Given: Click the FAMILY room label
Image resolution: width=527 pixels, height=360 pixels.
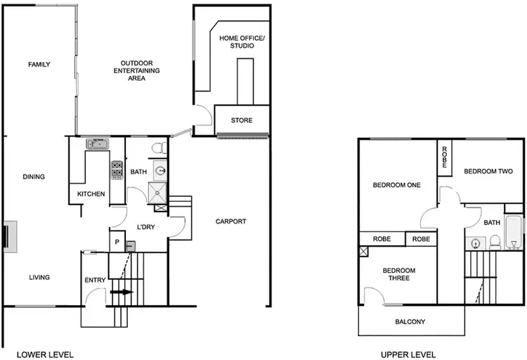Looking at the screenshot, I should [39, 65].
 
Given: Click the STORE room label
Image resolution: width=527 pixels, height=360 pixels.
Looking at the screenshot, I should [242, 120].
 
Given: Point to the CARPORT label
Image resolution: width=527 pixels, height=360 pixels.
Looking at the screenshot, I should [230, 221].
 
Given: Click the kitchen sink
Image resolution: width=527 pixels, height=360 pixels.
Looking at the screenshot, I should [98, 144].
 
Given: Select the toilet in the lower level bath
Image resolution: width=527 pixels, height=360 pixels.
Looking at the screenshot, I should [158, 148].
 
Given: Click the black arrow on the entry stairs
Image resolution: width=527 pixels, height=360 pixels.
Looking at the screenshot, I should [122, 291].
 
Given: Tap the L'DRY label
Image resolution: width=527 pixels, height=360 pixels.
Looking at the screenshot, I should [145, 226].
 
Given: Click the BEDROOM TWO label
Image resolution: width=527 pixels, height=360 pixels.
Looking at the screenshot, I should [488, 171].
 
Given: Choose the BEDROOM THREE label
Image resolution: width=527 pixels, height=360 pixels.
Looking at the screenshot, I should [398, 274].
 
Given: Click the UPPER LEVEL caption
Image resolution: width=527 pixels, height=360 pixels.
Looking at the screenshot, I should [408, 354].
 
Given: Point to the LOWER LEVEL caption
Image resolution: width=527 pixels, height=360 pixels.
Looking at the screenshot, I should [45, 354].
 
